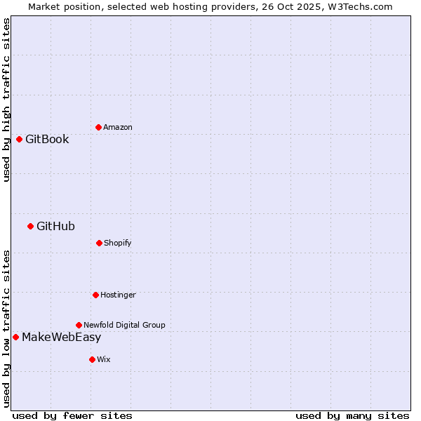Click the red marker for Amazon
[98, 127]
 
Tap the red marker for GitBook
[19, 139]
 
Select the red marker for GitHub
[30, 226]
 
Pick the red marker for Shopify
[99, 243]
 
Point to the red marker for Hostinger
[95, 295]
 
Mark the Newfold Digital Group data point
[79, 325]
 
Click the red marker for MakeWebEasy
[15, 337]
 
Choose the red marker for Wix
[92, 359]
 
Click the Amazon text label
[118, 127]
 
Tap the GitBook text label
[47, 139]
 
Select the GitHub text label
[55, 226]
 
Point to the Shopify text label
[118, 243]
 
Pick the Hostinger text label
[118, 295]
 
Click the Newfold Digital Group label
[124, 325]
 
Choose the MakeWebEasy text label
[61, 337]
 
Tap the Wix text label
[104, 359]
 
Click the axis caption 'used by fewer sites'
[72, 415]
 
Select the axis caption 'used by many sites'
[352, 415]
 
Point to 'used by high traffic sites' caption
[6, 100]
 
